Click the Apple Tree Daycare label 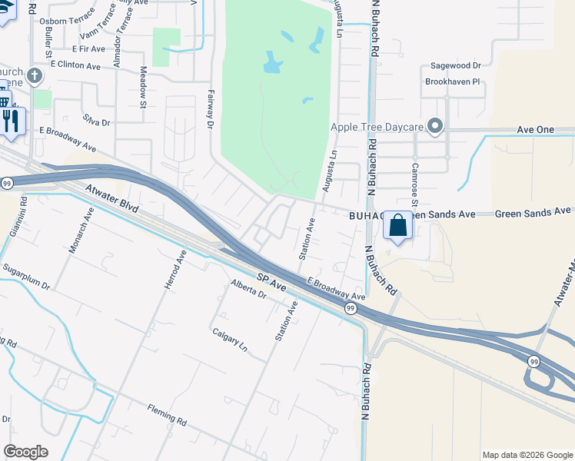[x=377, y=127]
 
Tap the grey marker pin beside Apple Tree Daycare [x=436, y=126]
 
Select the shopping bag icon [x=397, y=226]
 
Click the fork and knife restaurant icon [x=11, y=121]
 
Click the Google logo [x=25, y=452]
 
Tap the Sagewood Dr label [x=455, y=66]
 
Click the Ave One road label [x=535, y=129]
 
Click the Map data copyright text [x=527, y=455]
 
